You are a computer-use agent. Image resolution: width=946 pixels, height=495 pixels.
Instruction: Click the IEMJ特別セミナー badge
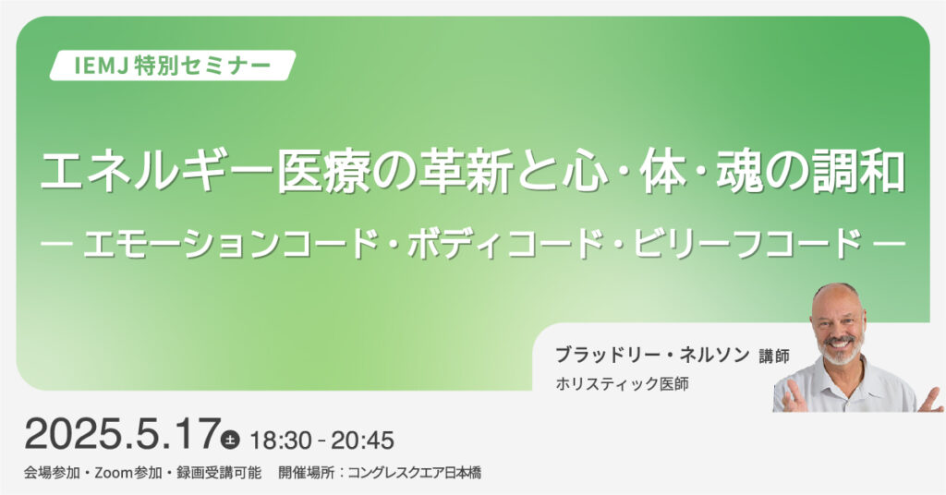point(173,66)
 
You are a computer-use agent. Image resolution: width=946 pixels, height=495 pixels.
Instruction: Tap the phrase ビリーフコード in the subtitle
point(748,244)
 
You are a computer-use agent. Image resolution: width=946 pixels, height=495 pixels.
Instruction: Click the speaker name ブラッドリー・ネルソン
point(652,356)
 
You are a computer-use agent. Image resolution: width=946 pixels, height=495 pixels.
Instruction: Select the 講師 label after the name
point(775,356)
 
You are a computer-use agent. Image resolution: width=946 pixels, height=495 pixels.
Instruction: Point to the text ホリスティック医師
point(622,384)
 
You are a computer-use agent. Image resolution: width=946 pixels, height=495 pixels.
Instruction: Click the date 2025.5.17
point(122,434)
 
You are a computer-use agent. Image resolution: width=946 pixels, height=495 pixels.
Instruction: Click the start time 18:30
point(281,441)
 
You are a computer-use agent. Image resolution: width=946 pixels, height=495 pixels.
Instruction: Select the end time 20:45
point(362,441)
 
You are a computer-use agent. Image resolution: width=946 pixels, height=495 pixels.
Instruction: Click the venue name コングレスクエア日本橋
point(415,473)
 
